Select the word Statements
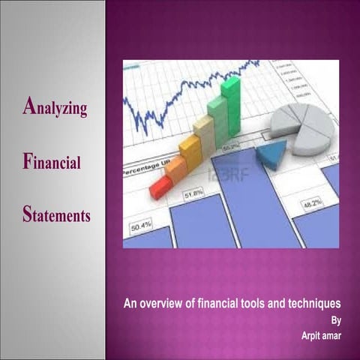coord(56,216)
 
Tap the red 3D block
coord(158,187)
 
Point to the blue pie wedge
coord(269,155)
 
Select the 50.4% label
coord(141,224)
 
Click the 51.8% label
coord(192,194)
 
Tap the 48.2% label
coord(312,204)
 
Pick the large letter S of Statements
coord(26,215)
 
